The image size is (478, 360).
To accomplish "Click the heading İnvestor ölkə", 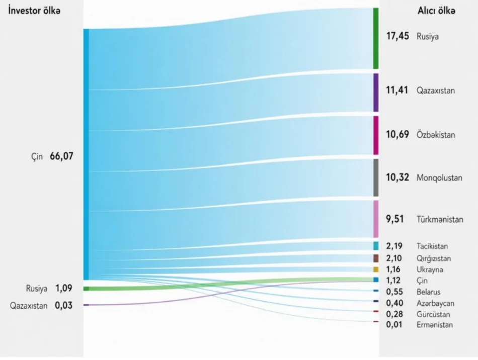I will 34,12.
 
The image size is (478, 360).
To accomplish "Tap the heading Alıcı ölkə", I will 437,12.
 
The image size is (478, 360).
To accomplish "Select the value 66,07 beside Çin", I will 61,156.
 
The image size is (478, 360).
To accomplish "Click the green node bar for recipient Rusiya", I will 375,38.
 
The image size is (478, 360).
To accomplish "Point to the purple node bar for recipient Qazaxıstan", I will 375,93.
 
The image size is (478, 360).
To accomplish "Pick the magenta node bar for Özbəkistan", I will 375,135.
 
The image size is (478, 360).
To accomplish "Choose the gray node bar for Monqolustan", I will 375,177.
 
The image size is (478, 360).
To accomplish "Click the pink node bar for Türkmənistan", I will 375,219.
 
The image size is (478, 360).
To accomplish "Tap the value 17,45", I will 397,37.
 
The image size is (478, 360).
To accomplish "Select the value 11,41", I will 397,91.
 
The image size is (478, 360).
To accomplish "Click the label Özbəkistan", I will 436,135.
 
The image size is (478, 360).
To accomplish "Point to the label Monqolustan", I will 439,178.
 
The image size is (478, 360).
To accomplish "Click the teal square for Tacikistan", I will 376,246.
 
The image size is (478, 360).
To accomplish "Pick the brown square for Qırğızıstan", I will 376,258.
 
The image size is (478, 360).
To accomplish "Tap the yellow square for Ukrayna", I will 376,269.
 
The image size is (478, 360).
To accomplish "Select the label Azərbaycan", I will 435,303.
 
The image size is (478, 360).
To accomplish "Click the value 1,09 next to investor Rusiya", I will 63,289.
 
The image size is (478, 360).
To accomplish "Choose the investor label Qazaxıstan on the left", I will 29,305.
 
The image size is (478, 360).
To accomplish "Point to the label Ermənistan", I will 434,325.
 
